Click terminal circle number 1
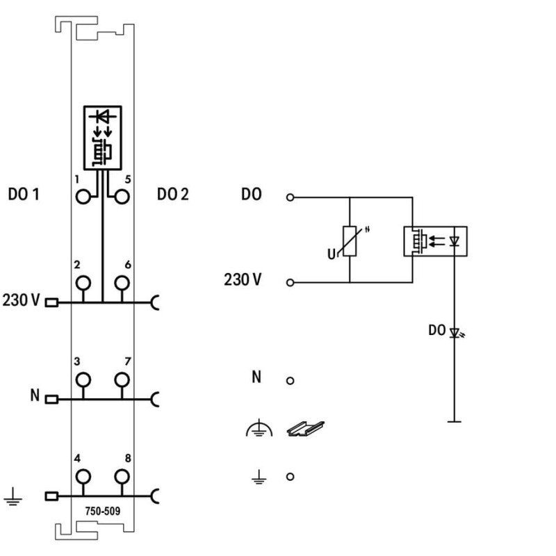(x=83, y=197)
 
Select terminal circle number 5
(x=122, y=197)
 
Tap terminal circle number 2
(x=83, y=283)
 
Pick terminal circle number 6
(x=122, y=283)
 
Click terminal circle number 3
(x=83, y=379)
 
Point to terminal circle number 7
(x=122, y=379)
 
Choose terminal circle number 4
(x=83, y=477)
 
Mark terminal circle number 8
(x=122, y=477)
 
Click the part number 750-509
(x=102, y=511)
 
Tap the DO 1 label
(x=24, y=195)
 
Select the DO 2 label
(x=173, y=195)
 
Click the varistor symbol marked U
(x=350, y=241)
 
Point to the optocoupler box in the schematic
(x=436, y=241)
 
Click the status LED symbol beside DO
(x=455, y=333)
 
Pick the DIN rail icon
(x=305, y=429)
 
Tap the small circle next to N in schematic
(x=290, y=380)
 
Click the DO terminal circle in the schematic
(x=290, y=197)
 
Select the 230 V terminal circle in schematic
(x=290, y=283)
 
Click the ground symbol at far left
(x=13, y=496)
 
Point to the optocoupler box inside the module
(x=103, y=138)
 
